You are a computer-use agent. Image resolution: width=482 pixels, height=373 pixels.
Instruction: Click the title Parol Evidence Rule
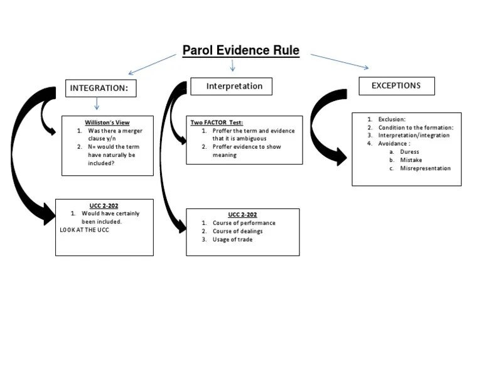[241, 50]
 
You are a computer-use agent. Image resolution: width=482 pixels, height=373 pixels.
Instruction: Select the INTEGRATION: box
[100, 89]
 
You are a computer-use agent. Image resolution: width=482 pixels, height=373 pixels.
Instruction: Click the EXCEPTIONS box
[396, 85]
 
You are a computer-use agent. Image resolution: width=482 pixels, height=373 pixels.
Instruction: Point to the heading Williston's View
[107, 122]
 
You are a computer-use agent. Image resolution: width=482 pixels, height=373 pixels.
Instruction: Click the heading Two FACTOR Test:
[217, 122]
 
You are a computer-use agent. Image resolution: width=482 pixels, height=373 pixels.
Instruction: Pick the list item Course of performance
[244, 223]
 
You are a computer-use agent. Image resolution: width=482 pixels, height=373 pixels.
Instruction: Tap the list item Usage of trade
[232, 239]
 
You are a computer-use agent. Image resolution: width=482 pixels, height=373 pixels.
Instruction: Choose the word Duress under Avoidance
[409, 152]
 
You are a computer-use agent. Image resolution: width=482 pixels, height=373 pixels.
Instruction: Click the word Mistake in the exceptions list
[410, 160]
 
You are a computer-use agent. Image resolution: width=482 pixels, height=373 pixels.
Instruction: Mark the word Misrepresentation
[425, 168]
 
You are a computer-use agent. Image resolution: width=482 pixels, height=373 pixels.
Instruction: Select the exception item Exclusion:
[392, 119]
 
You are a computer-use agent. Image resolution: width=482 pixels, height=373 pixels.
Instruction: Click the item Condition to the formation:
[415, 127]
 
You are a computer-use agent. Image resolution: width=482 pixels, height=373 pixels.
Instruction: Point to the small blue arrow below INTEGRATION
[97, 104]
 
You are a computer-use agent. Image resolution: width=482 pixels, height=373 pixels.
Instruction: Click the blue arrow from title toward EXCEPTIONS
[340, 62]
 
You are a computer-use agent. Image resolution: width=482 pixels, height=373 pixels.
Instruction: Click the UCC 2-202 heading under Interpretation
[242, 215]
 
